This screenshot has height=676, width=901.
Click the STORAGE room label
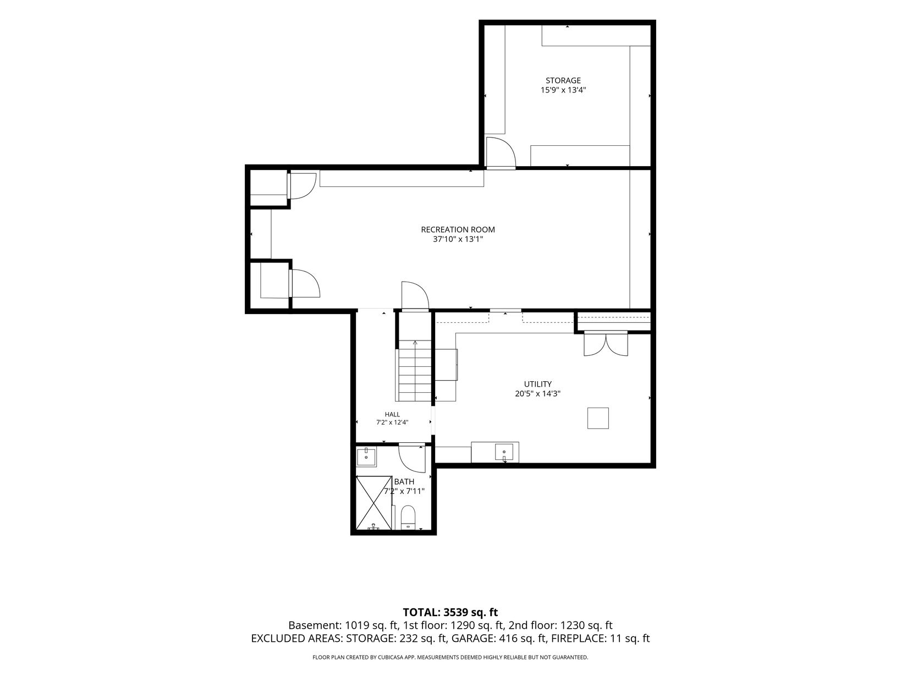(x=563, y=80)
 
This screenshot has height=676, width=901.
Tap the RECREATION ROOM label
(x=458, y=229)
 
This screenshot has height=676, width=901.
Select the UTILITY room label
(x=537, y=384)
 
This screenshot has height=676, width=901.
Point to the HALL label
(x=392, y=415)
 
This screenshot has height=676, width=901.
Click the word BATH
(x=404, y=481)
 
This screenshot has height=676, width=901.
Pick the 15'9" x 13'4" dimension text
(x=563, y=90)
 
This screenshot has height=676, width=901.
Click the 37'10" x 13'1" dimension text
(x=458, y=239)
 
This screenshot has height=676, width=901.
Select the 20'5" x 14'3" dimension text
(x=537, y=394)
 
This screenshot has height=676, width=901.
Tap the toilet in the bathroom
(x=408, y=518)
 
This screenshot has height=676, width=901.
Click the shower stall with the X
(x=373, y=502)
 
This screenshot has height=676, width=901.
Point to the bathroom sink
(x=366, y=457)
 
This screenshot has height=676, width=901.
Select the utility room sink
(x=504, y=452)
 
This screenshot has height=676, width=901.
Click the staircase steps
(x=415, y=371)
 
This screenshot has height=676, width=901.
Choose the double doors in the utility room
(x=606, y=343)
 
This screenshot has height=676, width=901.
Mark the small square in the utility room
(x=598, y=418)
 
